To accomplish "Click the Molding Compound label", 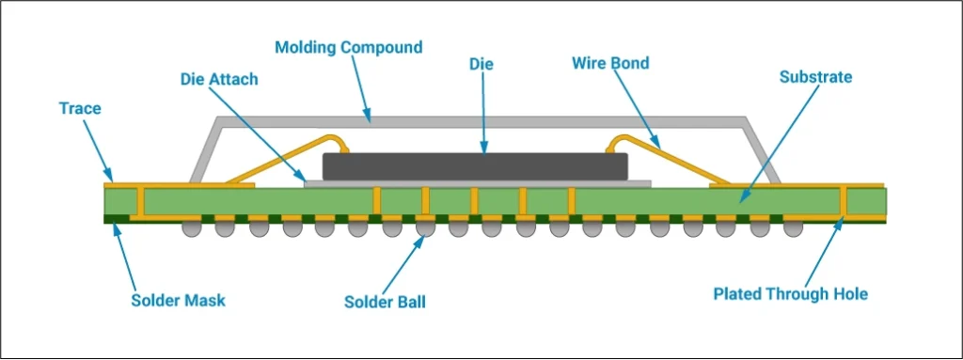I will pyautogui.click(x=348, y=47).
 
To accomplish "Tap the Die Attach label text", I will pyautogui.click(x=218, y=79).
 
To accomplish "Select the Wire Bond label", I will pyautogui.click(x=610, y=64).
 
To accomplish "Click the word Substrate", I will pyautogui.click(x=815, y=77).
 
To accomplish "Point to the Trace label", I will pyautogui.click(x=78, y=108).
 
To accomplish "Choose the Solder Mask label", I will pyautogui.click(x=178, y=301).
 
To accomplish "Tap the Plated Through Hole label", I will pyautogui.click(x=790, y=294).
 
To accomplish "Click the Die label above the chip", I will pyautogui.click(x=481, y=64).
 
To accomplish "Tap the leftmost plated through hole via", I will pyautogui.click(x=140, y=202).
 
